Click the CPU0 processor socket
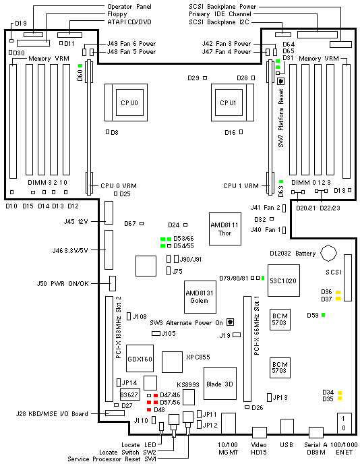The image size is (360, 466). tap(126, 103)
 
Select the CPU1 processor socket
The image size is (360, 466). tap(233, 103)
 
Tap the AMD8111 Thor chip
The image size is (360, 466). tap(225, 229)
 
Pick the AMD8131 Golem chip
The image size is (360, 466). tap(200, 297)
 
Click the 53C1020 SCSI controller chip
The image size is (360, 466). tap(284, 281)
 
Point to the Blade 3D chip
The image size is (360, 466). tap(220, 383)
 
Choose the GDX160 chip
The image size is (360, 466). tap(140, 358)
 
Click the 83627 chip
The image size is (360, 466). tap(129, 395)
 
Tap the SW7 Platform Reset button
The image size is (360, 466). tap(281, 81)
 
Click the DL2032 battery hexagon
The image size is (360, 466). tap(328, 253)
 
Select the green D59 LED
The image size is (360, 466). tap(323, 315)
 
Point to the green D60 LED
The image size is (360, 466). tap(80, 65)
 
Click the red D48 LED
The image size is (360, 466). tap(149, 410)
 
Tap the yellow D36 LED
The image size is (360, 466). tap(338, 292)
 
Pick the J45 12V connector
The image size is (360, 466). tap(109, 213)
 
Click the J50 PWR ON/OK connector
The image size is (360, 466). tap(113, 283)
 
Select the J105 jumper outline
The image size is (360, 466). tap(156, 333)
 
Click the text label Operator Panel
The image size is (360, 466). tap(129, 7)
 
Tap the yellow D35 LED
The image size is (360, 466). tap(340, 399)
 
